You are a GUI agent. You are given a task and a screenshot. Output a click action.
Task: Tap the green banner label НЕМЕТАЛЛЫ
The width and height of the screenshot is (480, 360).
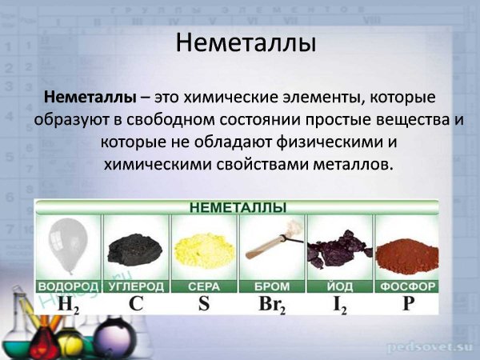coord(238,207)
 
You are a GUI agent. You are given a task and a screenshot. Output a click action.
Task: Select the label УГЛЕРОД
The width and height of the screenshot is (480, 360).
coord(135,286)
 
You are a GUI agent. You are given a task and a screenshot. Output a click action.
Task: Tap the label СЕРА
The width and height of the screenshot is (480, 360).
coord(203,286)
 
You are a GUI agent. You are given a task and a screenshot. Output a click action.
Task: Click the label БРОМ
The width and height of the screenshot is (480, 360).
coord(271,286)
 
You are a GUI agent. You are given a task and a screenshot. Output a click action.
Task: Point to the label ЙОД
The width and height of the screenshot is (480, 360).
coord(339,286)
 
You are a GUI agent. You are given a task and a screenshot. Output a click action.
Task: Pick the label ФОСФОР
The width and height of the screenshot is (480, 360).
coord(407,286)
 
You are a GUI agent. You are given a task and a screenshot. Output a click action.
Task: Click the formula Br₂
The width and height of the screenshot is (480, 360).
coord(272,304)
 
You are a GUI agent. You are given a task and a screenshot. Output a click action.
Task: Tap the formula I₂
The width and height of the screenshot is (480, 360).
coord(340,304)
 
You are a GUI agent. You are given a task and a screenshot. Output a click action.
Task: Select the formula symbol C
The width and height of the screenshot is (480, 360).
coord(136,303)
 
